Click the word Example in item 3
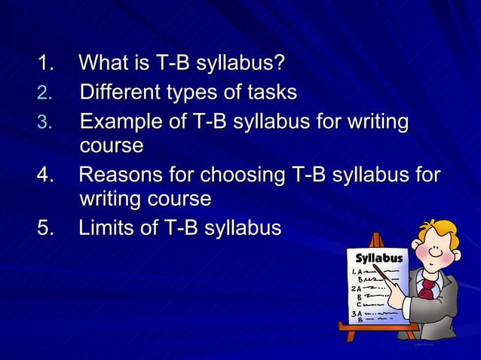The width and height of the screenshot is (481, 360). tap(118, 123)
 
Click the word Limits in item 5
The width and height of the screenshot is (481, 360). tap(106, 228)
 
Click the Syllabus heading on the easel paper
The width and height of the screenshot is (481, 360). tap(378, 258)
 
